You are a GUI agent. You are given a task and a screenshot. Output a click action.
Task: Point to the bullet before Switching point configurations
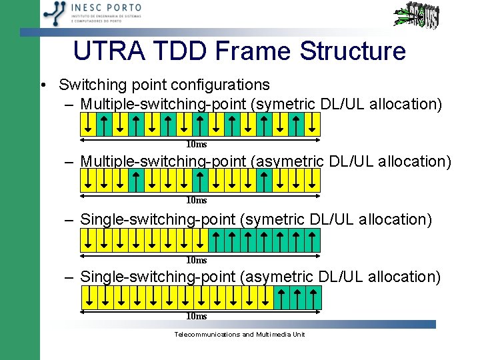(x=43, y=85)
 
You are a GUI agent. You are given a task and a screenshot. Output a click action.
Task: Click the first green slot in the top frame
(x=104, y=123)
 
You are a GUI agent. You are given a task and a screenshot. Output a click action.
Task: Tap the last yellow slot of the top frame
(x=312, y=123)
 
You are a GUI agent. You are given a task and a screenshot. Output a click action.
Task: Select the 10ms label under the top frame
(x=196, y=144)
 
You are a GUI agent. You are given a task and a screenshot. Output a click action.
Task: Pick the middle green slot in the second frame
(x=200, y=179)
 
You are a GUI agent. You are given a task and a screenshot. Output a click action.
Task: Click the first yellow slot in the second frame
(x=88, y=179)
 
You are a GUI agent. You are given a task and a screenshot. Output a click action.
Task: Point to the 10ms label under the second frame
(x=196, y=200)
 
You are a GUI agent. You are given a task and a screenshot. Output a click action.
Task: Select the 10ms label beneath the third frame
(x=196, y=260)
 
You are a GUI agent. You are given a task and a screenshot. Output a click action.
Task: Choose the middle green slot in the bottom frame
(x=297, y=297)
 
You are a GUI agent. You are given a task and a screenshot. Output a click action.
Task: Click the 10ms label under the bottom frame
(x=196, y=316)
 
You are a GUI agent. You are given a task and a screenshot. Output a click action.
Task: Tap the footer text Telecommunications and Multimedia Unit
(x=239, y=334)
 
